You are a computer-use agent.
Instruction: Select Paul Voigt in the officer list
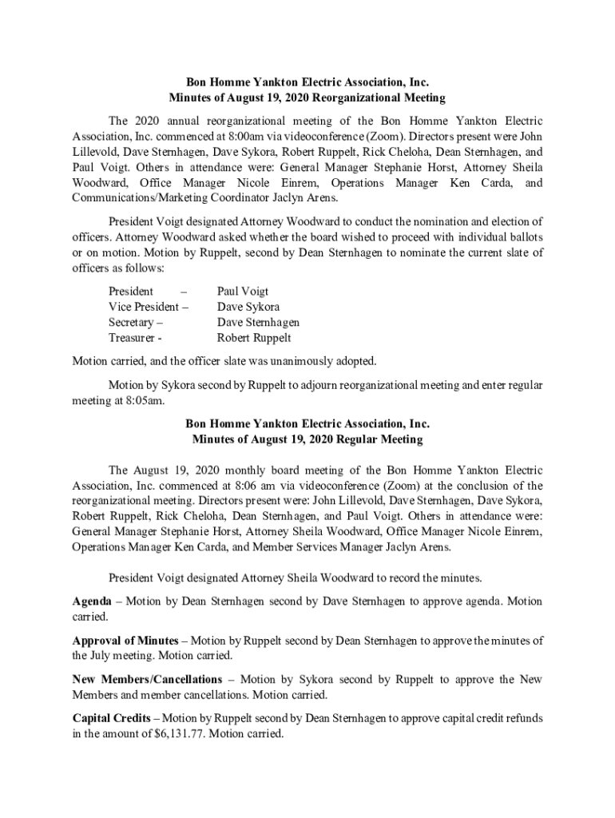(243, 292)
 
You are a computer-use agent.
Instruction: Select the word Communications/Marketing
(140, 198)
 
